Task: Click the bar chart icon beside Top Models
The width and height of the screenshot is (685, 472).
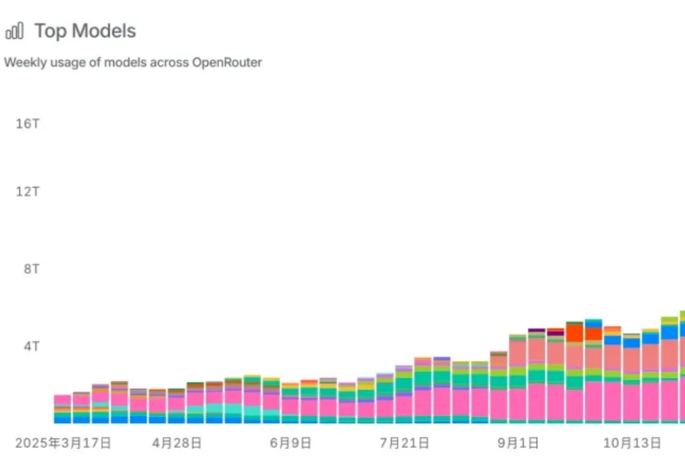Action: [14, 30]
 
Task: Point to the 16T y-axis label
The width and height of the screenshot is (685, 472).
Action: [27, 123]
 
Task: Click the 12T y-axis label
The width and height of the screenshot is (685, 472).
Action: [27, 191]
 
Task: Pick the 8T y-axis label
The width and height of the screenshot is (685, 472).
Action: [30, 269]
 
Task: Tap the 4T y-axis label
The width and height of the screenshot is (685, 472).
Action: [31, 346]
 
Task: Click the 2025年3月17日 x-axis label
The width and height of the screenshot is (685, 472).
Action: [63, 442]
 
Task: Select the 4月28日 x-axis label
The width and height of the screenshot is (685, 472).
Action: [177, 442]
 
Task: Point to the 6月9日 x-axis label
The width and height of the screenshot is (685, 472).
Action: [290, 442]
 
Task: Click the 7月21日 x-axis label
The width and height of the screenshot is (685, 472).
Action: [404, 442]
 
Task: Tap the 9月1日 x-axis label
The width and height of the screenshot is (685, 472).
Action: [518, 442]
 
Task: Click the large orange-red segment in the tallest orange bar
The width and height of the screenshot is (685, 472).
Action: [575, 333]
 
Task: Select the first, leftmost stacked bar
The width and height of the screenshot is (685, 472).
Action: [62, 409]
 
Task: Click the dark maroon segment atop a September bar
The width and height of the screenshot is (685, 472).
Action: [537, 331]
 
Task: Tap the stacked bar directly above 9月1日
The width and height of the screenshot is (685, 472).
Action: [518, 381]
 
